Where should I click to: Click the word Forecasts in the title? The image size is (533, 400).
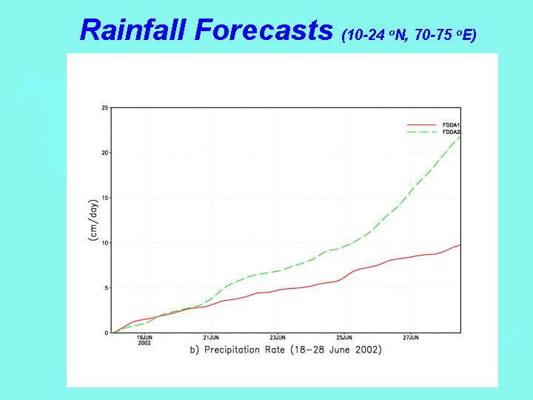pos(262,30)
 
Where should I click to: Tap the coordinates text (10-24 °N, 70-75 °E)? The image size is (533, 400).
pos(408,34)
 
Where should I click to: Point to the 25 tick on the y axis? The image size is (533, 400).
pos(104,108)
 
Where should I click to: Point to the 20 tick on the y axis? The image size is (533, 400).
pos(104,153)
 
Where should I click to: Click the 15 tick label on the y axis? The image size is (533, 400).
pos(104,198)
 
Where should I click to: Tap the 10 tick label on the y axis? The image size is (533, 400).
pos(104,243)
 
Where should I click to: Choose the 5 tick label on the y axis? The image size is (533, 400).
pos(106,288)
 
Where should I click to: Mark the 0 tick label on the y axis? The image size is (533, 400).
pos(106,333)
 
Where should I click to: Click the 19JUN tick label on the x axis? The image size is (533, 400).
pos(144,338)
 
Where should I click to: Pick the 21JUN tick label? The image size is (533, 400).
pos(211,338)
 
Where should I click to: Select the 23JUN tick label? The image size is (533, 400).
pos(278,338)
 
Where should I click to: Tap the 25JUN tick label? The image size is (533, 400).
pos(344,338)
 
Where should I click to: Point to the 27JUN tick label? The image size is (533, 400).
pos(411,338)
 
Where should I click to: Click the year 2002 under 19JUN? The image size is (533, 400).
pos(144,344)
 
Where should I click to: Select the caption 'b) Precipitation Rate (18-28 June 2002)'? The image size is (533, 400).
pos(286,350)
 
